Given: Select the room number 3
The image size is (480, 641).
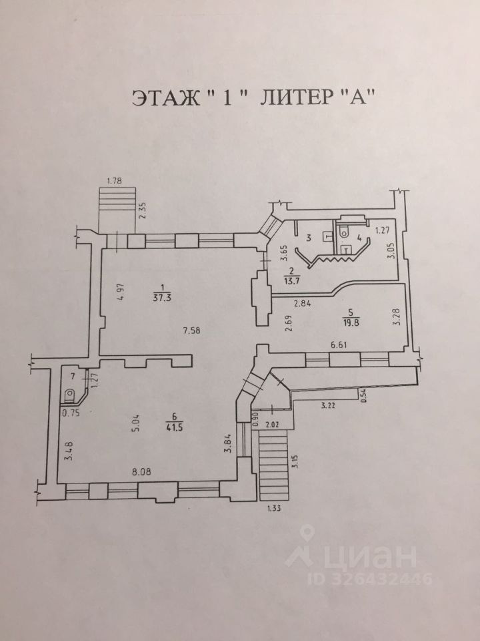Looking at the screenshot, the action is pos(309,237).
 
